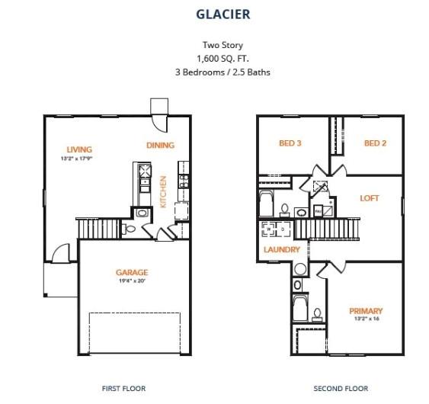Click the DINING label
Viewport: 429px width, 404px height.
click(160, 145)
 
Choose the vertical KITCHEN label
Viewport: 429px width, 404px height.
click(163, 191)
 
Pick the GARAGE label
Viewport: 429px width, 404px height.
click(132, 272)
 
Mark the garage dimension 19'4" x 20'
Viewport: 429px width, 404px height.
click(132, 281)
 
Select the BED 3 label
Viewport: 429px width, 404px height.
click(290, 143)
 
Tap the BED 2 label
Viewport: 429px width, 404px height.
click(376, 143)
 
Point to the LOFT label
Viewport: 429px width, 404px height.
click(370, 198)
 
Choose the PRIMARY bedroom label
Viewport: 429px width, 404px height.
click(366, 310)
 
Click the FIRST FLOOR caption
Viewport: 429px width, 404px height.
click(123, 388)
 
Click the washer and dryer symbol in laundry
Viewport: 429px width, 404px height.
click(275, 229)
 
